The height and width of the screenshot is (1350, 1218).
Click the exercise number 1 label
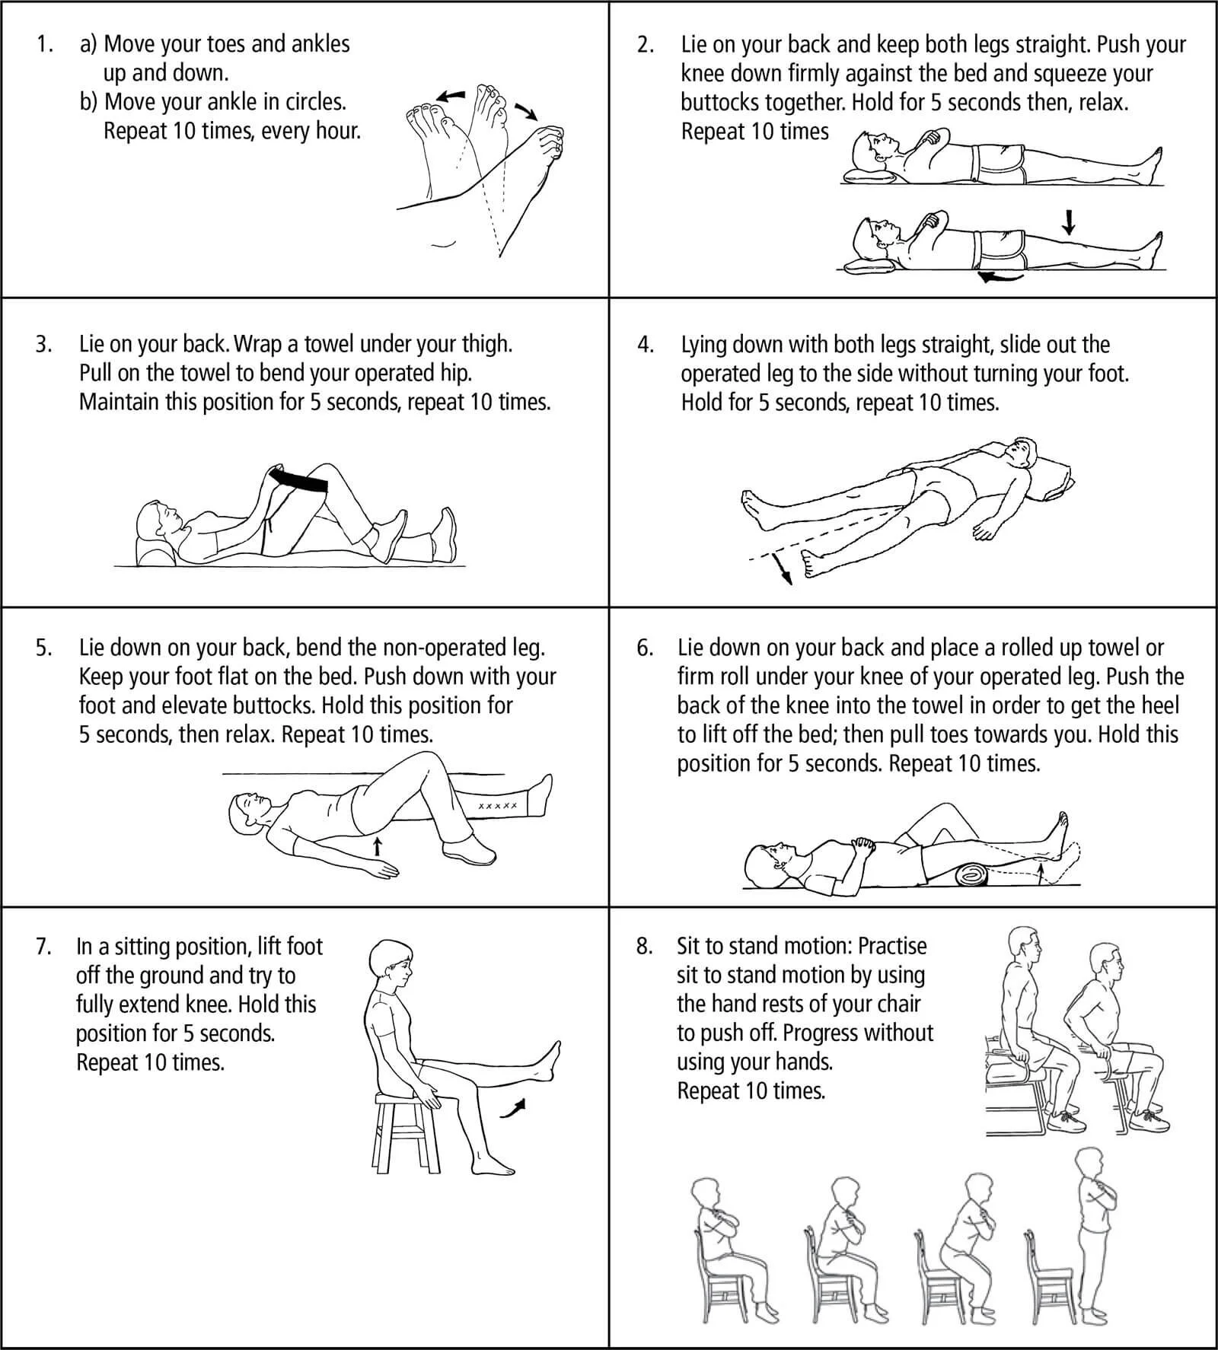43,44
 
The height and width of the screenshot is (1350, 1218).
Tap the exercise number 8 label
645,946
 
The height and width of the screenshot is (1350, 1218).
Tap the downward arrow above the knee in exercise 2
1070,221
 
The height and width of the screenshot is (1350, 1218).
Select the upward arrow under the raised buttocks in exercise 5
377,845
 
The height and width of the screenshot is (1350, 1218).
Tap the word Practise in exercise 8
892,946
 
